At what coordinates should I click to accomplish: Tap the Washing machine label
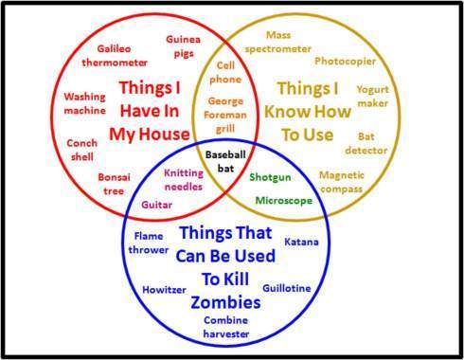pyautogui.click(x=84, y=103)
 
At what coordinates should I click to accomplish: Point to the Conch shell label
pyautogui.click(x=82, y=149)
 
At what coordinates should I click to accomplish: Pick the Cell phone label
pyautogui.click(x=225, y=73)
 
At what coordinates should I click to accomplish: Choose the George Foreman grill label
pyautogui.click(x=225, y=114)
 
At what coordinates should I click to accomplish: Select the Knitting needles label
pyautogui.click(x=184, y=179)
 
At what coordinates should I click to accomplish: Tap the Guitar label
pyautogui.click(x=156, y=204)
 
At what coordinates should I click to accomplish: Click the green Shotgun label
pyautogui.click(x=269, y=176)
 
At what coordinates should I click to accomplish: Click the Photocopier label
pyautogui.click(x=346, y=61)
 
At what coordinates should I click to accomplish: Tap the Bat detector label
pyautogui.click(x=372, y=143)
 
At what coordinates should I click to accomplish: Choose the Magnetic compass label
pyautogui.click(x=342, y=182)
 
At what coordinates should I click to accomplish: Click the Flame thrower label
pyautogui.click(x=150, y=243)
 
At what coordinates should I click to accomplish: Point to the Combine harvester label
pyautogui.click(x=225, y=327)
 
